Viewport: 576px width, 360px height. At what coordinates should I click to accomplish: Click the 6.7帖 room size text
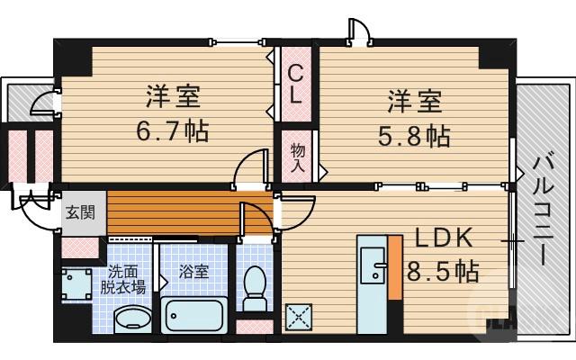[x=174, y=131]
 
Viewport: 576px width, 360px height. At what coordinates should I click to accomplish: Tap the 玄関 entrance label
[x=77, y=214]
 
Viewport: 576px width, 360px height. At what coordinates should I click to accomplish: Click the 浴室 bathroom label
[x=193, y=271]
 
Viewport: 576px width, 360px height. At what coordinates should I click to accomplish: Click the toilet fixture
[x=255, y=285]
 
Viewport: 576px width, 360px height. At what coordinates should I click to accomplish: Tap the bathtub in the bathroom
[x=196, y=315]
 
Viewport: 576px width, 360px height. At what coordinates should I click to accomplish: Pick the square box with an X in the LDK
[x=298, y=316]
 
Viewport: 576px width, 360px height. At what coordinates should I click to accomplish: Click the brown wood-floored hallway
[x=180, y=211]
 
